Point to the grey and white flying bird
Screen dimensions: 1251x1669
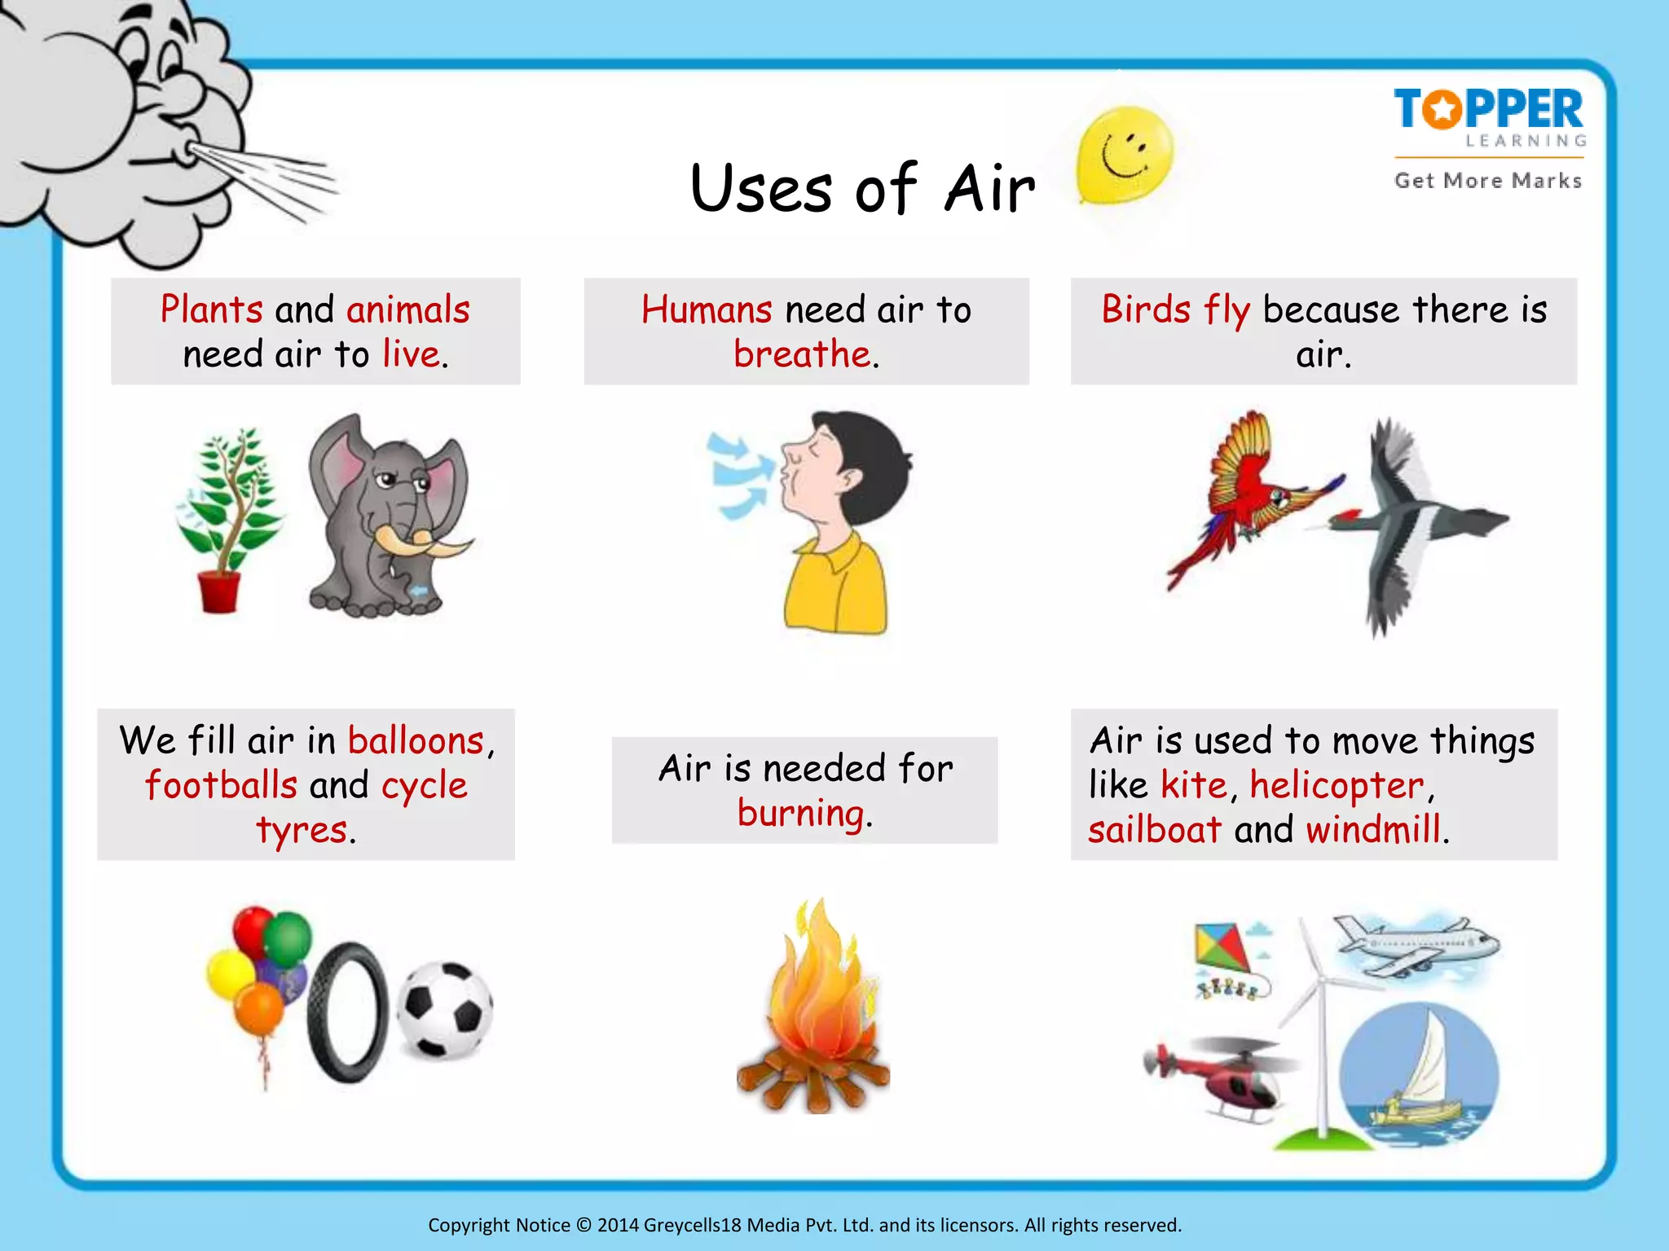pos(1410,521)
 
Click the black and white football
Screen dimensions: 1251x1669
pos(445,1010)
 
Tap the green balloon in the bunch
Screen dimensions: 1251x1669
pos(288,939)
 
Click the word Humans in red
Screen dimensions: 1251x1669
pos(707,310)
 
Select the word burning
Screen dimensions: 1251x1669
pos(800,814)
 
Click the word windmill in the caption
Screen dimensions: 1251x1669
pos(1373,830)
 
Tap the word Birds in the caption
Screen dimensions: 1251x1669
pos(1146,310)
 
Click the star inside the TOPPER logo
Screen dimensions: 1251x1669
pos(1443,109)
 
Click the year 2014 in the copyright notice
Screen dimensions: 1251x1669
pos(618,1225)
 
